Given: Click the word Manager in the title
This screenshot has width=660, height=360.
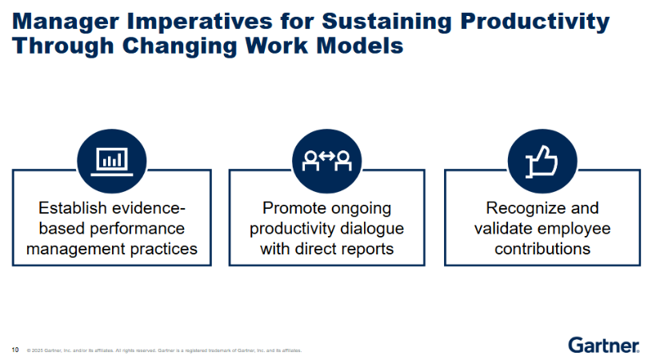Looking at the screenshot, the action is (x=66, y=22).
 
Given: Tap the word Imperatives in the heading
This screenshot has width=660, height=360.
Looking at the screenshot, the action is (x=199, y=22).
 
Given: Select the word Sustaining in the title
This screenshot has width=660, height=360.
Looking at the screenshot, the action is (x=387, y=22).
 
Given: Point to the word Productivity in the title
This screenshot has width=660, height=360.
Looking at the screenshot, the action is (x=534, y=22).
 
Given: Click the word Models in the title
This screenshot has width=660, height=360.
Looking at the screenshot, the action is (x=360, y=46).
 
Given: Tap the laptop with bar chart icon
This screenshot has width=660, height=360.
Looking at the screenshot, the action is (x=111, y=162).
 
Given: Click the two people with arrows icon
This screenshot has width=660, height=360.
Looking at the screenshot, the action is (x=326, y=161).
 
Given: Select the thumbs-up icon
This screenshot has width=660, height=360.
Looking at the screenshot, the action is (x=542, y=162).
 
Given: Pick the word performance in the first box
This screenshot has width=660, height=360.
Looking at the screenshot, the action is (x=138, y=229).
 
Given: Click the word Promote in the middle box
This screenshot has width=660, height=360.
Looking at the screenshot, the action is (x=291, y=208).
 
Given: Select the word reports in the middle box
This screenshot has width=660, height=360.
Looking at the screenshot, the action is (x=366, y=250).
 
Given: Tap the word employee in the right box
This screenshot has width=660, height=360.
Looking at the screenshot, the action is (x=578, y=229).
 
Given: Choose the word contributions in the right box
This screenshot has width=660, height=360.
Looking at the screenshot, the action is (x=542, y=249).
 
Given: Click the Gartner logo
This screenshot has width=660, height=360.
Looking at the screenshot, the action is (x=603, y=346).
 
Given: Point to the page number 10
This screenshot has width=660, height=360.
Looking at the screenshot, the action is (x=15, y=350).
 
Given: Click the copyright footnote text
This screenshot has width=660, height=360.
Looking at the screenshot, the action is (x=164, y=350).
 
